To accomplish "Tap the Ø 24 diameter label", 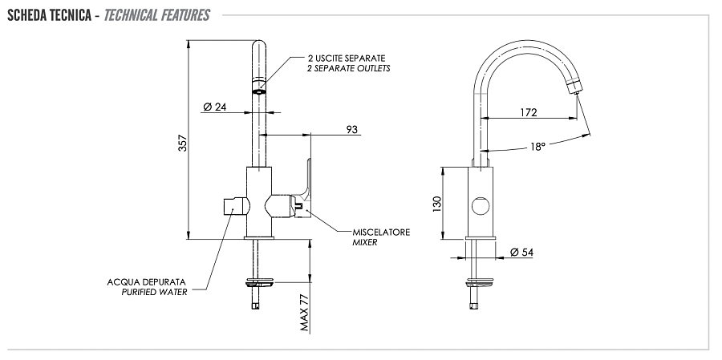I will pos(213,107).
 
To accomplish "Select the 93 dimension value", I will pos(352,128).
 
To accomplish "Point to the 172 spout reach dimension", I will pos(528,112).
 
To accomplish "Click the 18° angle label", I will pos(537,147).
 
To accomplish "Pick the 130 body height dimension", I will pos(437,204).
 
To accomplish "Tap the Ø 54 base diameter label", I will pos(521,253).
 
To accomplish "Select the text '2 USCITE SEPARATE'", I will pos(347,59).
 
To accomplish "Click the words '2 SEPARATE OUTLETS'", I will pos(348,69).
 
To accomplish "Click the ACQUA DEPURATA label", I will pos(147,282).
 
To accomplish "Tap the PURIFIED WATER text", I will pos(148,292).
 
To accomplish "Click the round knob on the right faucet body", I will pos(480,206).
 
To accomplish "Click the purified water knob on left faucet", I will pos(229,206).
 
